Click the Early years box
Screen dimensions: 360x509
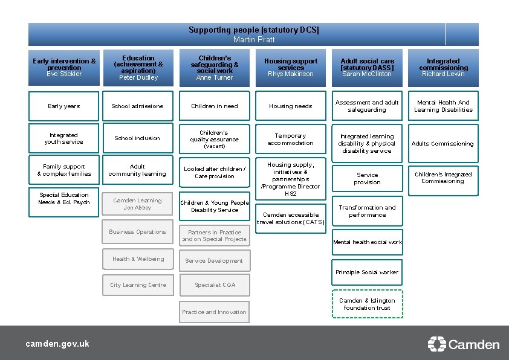coord(63,106)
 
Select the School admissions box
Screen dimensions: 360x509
coord(138,106)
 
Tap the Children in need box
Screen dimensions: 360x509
coord(215,106)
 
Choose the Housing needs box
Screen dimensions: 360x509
coord(290,106)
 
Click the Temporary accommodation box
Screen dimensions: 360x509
coord(290,140)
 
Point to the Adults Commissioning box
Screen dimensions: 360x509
coord(443,144)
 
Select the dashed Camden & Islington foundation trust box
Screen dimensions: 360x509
coord(367,304)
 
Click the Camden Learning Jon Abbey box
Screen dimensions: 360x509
coord(138,204)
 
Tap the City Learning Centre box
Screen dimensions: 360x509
coord(138,285)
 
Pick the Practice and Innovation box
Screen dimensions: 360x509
coord(215,312)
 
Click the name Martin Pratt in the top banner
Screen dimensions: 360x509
coord(254,40)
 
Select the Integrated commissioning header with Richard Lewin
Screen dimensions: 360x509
coord(443,68)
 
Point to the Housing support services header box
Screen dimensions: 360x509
coord(290,68)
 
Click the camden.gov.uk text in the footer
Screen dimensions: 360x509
coord(57,344)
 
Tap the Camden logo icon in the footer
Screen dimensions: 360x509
coord(436,344)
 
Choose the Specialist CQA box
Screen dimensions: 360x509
coord(215,285)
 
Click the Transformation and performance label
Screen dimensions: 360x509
coord(367,211)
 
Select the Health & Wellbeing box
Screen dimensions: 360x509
coord(138,259)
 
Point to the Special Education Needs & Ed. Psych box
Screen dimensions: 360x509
coord(63,199)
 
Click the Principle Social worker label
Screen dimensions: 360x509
coord(367,272)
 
